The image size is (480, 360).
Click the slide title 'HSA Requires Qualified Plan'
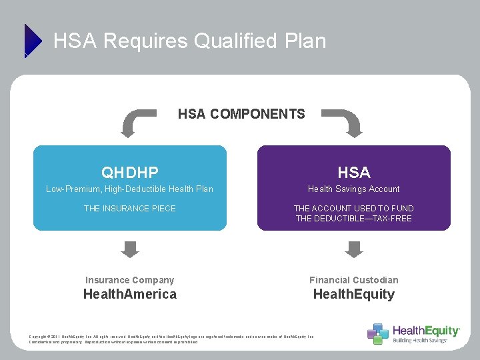pyautogui.click(x=190, y=41)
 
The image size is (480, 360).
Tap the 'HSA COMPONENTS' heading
pyautogui.click(x=241, y=114)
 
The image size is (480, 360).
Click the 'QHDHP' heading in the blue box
pyautogui.click(x=130, y=173)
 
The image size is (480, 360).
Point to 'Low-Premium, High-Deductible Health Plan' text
pyautogui.click(x=130, y=189)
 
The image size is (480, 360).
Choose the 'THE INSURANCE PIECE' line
pyautogui.click(x=130, y=209)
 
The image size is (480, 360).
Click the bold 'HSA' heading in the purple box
pyautogui.click(x=354, y=173)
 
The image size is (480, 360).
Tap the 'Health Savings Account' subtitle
pyautogui.click(x=354, y=189)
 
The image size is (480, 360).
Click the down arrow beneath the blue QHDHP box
pyautogui.click(x=131, y=249)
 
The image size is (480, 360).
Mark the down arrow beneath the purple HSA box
pyautogui.click(x=354, y=249)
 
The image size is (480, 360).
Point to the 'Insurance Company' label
pyautogui.click(x=130, y=280)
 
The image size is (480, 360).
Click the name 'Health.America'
pyautogui.click(x=130, y=295)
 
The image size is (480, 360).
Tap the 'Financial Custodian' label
pyautogui.click(x=354, y=280)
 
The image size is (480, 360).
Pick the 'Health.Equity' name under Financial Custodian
pyautogui.click(x=354, y=295)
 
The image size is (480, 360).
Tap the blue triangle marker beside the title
pyautogui.click(x=33, y=40)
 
